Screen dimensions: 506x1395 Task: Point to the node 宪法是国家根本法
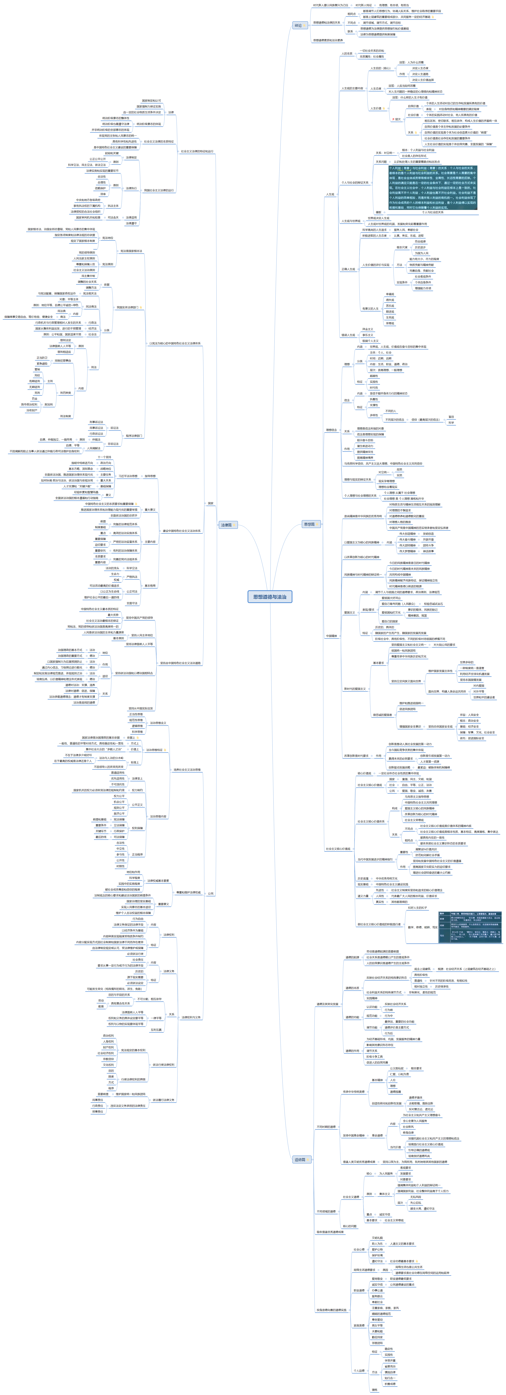tap(131, 251)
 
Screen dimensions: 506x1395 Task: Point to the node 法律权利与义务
tap(191, 1017)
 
